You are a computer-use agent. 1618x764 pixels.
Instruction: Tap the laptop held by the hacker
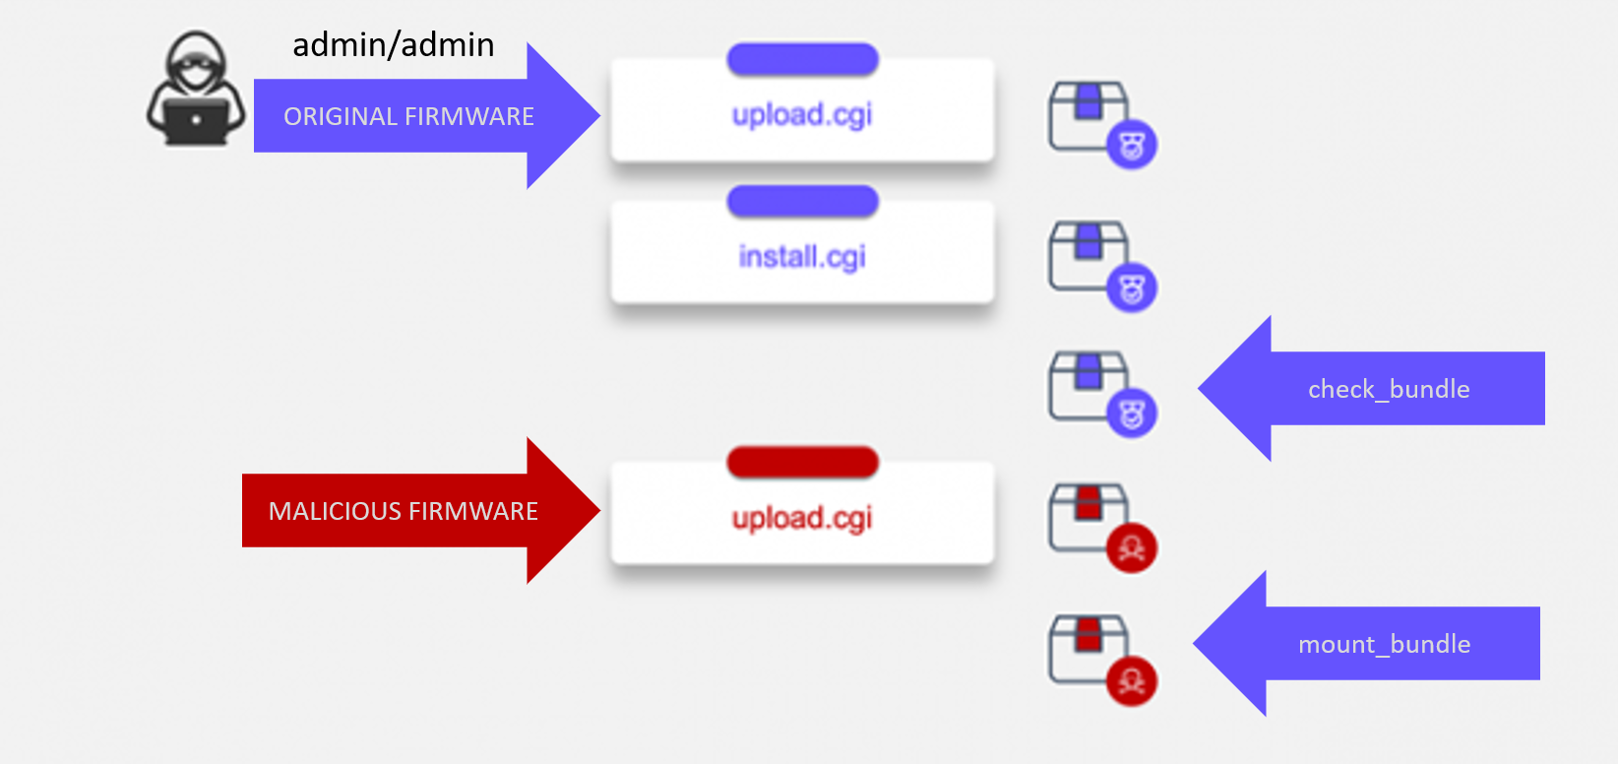(x=196, y=120)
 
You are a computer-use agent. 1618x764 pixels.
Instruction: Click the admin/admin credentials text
(x=394, y=45)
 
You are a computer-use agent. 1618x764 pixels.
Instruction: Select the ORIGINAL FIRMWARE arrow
(x=409, y=116)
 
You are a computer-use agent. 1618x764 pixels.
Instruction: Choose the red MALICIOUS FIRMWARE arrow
(x=404, y=511)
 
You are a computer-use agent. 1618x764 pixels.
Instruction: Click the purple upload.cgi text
(x=802, y=115)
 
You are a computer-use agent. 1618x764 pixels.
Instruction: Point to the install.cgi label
(x=802, y=257)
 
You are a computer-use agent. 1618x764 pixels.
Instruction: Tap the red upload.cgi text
(x=802, y=518)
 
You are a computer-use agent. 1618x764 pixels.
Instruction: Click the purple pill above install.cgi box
(x=802, y=202)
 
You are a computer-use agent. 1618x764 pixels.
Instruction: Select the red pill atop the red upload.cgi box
(x=802, y=462)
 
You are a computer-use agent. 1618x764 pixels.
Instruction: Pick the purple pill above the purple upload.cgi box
(x=802, y=59)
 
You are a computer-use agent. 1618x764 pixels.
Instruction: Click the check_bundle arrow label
(x=1389, y=389)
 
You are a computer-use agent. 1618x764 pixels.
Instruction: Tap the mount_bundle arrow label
(x=1384, y=644)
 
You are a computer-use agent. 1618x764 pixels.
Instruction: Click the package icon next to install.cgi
(x=1089, y=256)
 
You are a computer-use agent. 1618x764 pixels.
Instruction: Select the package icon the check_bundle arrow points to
(x=1089, y=386)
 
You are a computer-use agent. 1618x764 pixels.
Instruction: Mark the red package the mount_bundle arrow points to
(x=1089, y=648)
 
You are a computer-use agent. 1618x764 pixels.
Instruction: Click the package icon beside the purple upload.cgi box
(x=1089, y=116)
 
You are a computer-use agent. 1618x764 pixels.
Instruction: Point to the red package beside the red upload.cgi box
(x=1089, y=516)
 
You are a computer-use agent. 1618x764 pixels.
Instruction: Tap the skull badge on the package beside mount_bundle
(x=1132, y=680)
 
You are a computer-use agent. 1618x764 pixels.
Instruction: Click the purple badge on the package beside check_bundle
(x=1132, y=414)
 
